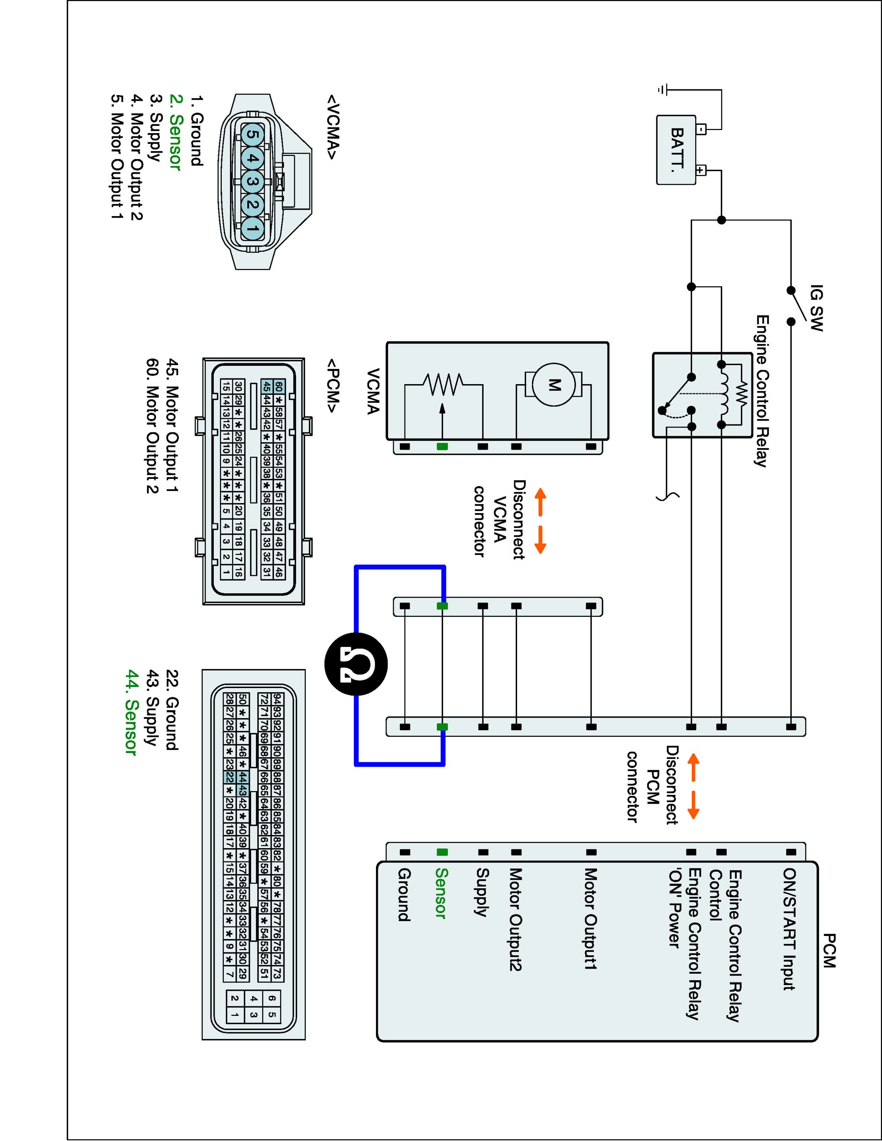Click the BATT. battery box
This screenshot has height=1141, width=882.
[x=676, y=150]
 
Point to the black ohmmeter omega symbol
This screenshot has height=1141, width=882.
[x=356, y=664]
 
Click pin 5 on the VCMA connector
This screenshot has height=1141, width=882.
[x=252, y=135]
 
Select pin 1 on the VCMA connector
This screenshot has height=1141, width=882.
[x=252, y=228]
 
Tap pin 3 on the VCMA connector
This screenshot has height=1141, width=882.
[x=252, y=182]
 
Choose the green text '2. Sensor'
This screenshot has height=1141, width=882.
[x=175, y=132]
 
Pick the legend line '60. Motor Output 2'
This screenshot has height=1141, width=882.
[x=152, y=426]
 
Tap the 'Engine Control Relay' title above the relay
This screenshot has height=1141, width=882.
[x=763, y=391]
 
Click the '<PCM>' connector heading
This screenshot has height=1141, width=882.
[x=333, y=386]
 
